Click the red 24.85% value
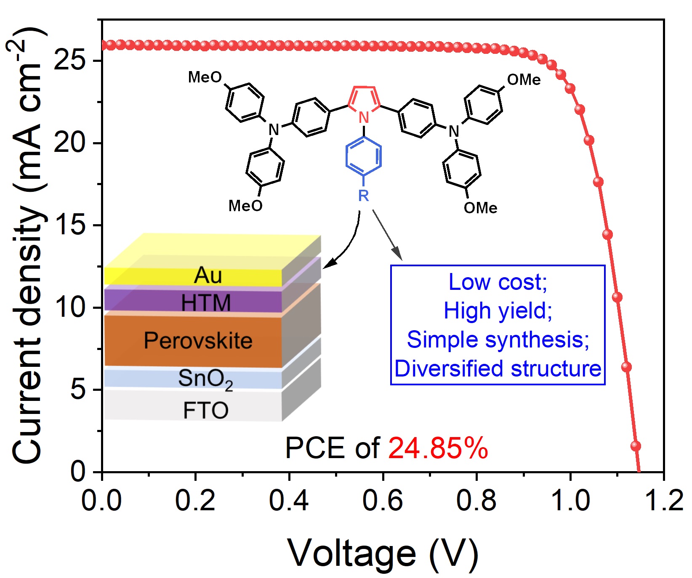(x=438, y=448)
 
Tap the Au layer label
(x=208, y=276)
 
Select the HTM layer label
(x=206, y=302)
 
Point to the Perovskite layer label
(x=198, y=340)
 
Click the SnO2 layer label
(x=205, y=379)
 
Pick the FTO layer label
(x=205, y=411)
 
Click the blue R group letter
(x=363, y=196)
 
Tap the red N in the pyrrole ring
(x=364, y=118)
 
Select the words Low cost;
(x=498, y=282)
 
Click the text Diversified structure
(x=498, y=369)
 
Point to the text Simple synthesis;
(x=498, y=339)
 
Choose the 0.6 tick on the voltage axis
(x=383, y=501)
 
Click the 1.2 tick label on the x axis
(x=664, y=501)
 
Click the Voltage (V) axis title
(x=383, y=553)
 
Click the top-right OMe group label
(x=524, y=80)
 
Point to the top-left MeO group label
(x=205, y=77)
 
